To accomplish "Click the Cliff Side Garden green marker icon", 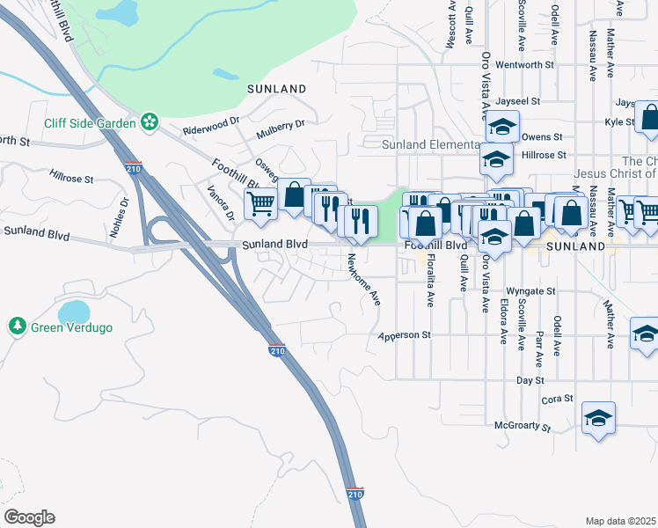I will pos(150,121).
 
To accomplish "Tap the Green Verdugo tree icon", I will pos(17,327).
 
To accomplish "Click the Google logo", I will pos(29,517).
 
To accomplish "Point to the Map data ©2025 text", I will pos(620,521).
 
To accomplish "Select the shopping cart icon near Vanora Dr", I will pos(260,204).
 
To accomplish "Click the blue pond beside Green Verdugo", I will pos(73,312).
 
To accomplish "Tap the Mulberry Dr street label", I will pos(280,129).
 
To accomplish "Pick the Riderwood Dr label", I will pos(211,126).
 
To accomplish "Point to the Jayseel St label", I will pos(518,102).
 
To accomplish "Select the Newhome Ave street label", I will pos(362,279).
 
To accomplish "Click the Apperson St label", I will pos(405,335).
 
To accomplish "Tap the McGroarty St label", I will pos(522,429).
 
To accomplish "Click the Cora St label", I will pos(558,399).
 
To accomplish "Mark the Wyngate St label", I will pos(531,290).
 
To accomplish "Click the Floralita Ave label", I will pos(430,282).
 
